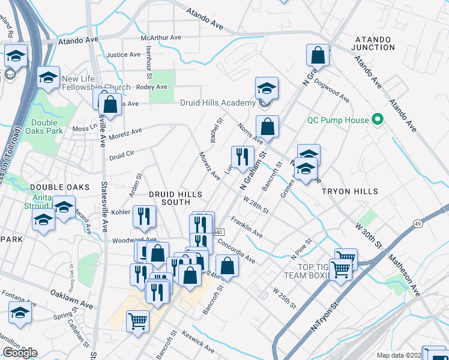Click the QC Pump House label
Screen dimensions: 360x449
pyautogui.click(x=337, y=120)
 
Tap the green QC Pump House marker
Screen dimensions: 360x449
pyautogui.click(x=377, y=120)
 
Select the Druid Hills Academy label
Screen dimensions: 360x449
pyautogui.click(x=218, y=103)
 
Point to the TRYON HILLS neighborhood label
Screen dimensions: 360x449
pyautogui.click(x=350, y=191)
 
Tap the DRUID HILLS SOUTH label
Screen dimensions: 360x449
pyautogui.click(x=175, y=199)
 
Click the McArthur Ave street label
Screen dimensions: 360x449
pyautogui.click(x=161, y=37)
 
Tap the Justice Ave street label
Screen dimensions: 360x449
pyautogui.click(x=123, y=55)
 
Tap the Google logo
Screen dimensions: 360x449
pyautogui.click(x=20, y=353)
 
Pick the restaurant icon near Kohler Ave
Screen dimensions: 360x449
pyautogui.click(x=144, y=216)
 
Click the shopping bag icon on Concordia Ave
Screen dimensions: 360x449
pyautogui.click(x=228, y=265)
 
